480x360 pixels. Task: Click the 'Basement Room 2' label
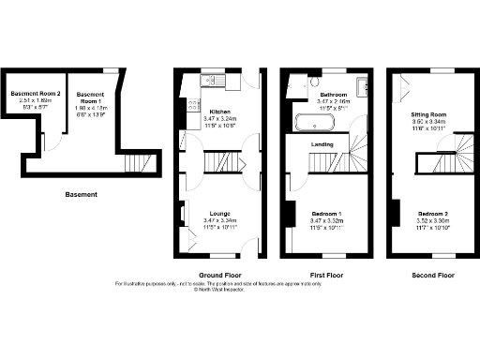click(x=35, y=94)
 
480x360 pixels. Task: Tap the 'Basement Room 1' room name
click(x=90, y=95)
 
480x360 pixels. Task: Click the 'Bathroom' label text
click(x=334, y=96)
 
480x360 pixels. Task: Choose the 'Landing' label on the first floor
click(x=325, y=144)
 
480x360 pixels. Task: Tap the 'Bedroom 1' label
click(x=326, y=214)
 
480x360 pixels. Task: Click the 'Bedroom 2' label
click(x=433, y=214)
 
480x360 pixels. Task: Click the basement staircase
click(x=137, y=165)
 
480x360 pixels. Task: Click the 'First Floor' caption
click(x=325, y=276)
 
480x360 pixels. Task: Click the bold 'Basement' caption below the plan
click(x=82, y=195)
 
